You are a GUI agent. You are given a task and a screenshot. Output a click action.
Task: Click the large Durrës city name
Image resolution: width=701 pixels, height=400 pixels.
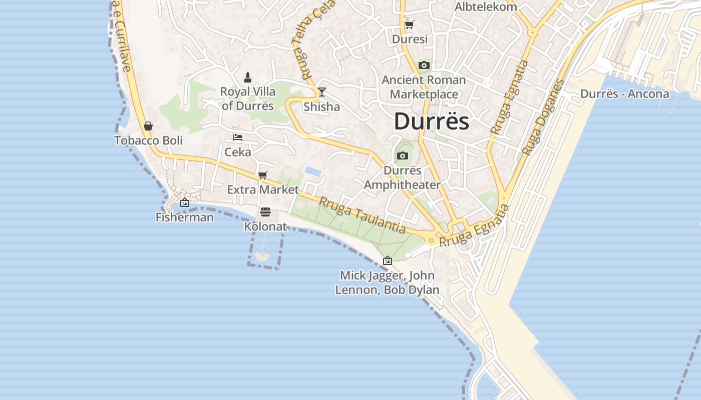click(x=431, y=121)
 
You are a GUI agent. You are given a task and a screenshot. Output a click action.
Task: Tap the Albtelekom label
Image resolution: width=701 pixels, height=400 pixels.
click(x=485, y=7)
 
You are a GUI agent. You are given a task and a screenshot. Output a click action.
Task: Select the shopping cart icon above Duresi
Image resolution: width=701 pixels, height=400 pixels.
click(x=409, y=24)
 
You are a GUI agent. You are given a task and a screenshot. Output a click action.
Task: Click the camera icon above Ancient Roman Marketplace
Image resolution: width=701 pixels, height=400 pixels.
click(x=424, y=65)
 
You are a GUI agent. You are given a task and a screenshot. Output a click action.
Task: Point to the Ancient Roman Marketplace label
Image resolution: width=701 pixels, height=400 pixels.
click(x=424, y=87)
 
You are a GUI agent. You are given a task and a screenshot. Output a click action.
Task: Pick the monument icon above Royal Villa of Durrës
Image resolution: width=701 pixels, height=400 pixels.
click(x=247, y=77)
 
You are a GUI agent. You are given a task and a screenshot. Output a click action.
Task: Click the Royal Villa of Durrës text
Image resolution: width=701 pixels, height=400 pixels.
click(x=248, y=98)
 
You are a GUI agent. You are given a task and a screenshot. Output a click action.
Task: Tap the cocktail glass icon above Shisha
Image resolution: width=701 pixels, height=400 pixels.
click(x=321, y=92)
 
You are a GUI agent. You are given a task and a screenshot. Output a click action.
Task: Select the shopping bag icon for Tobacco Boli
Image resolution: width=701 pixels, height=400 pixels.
click(x=148, y=126)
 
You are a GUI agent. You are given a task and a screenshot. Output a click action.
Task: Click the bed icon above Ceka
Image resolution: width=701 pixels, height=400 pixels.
click(x=238, y=137)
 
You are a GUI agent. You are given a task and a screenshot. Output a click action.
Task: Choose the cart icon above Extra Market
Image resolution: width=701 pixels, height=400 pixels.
click(x=262, y=175)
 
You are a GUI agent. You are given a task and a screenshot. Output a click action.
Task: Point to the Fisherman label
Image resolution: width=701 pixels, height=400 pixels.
click(x=184, y=217)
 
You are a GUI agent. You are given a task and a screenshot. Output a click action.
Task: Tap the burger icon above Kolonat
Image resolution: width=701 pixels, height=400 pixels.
click(x=265, y=212)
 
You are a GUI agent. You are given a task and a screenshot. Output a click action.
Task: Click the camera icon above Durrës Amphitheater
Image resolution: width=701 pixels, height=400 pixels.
click(x=402, y=156)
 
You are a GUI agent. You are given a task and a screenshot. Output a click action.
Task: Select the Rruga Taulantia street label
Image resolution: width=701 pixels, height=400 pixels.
click(x=362, y=215)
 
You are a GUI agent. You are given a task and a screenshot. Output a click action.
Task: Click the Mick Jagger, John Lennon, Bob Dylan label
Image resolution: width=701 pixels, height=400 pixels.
click(x=387, y=282)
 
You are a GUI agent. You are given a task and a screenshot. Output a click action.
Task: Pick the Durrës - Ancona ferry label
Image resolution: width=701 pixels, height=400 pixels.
click(x=624, y=93)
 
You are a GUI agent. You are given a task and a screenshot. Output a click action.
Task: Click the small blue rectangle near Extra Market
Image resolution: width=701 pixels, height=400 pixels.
click(x=313, y=171)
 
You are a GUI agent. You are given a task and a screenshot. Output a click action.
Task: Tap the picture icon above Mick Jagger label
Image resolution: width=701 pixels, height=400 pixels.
click(x=387, y=260)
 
